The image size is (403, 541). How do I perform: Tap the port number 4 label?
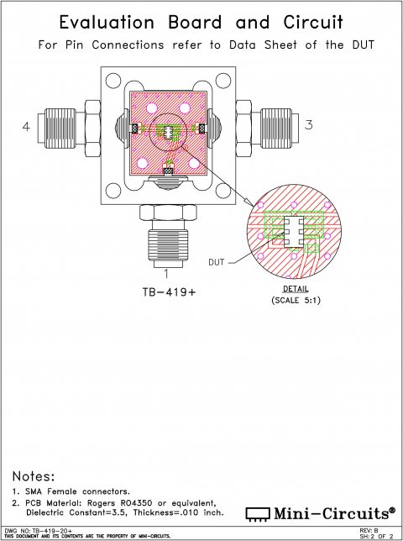[26, 127]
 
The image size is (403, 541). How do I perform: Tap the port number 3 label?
[309, 125]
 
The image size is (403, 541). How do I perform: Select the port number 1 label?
[166, 272]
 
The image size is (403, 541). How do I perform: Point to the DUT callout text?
[217, 262]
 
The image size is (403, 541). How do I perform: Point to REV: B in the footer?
[369, 530]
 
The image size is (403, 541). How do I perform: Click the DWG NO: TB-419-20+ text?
[39, 530]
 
